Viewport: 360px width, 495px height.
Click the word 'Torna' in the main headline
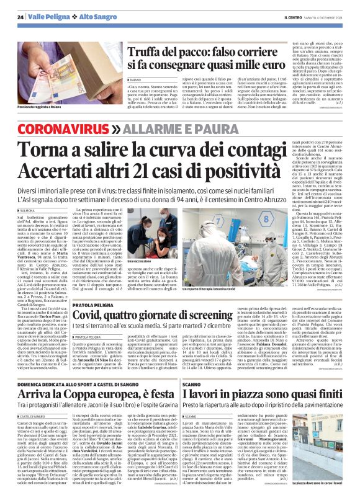coord(60,151)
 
